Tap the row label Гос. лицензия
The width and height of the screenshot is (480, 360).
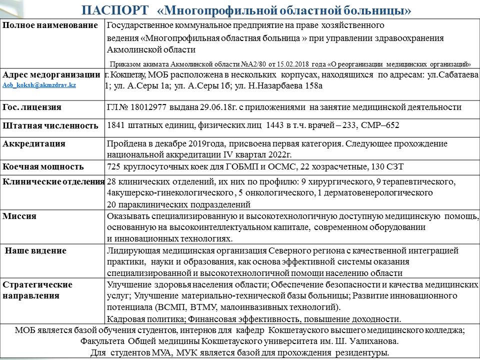point(32,107)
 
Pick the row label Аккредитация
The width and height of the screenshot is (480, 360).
point(34,144)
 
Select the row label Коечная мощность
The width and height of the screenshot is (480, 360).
point(43,166)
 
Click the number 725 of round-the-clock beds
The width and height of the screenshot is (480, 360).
point(114,166)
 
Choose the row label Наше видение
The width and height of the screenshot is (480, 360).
point(35,250)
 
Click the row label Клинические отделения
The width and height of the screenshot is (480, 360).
point(53,181)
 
